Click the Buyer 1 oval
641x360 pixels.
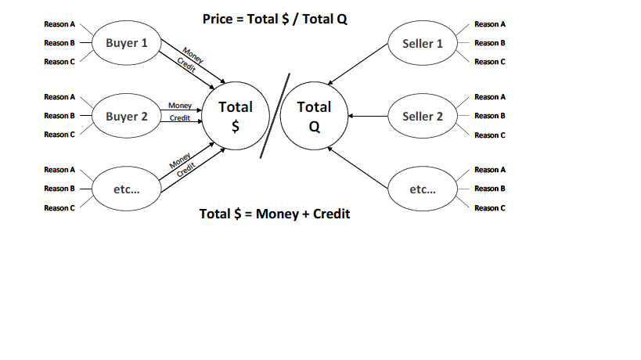(x=126, y=43)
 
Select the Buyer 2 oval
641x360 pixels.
(x=126, y=117)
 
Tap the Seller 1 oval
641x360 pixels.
(x=422, y=43)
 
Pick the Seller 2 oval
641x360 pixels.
(x=422, y=117)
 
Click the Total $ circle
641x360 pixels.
(x=236, y=117)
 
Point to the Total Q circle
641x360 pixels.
(x=314, y=117)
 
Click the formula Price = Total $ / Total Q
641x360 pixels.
(x=274, y=19)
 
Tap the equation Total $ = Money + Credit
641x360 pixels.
(x=275, y=214)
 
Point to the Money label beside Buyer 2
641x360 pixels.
(x=180, y=106)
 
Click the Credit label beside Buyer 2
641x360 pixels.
(x=180, y=118)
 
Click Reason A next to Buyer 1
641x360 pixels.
(x=59, y=24)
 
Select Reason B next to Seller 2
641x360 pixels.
(x=490, y=116)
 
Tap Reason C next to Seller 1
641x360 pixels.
(x=490, y=61)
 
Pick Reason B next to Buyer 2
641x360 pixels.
(x=59, y=116)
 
